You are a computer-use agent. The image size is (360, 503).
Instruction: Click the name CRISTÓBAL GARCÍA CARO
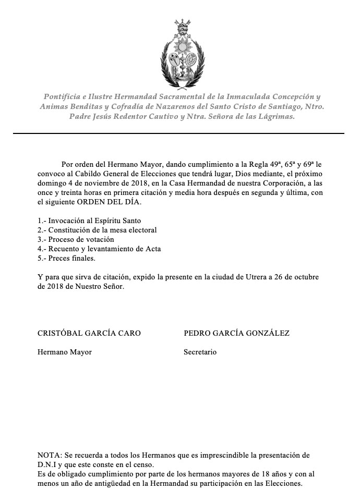pos(89,333)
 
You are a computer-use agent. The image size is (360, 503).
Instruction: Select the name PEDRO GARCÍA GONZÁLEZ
pos(236,333)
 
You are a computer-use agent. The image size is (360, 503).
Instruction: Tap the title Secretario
pos(200,352)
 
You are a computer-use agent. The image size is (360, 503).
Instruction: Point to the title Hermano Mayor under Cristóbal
pos(65,352)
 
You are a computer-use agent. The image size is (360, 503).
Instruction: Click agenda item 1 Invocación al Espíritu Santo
pos(89,220)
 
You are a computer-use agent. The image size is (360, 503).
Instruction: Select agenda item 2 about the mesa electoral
pos(97,230)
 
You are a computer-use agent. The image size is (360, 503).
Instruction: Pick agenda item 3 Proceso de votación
pos(76,239)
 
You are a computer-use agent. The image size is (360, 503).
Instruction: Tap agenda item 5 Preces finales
pos(67,258)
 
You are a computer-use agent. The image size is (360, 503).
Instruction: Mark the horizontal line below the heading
pos(179,133)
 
